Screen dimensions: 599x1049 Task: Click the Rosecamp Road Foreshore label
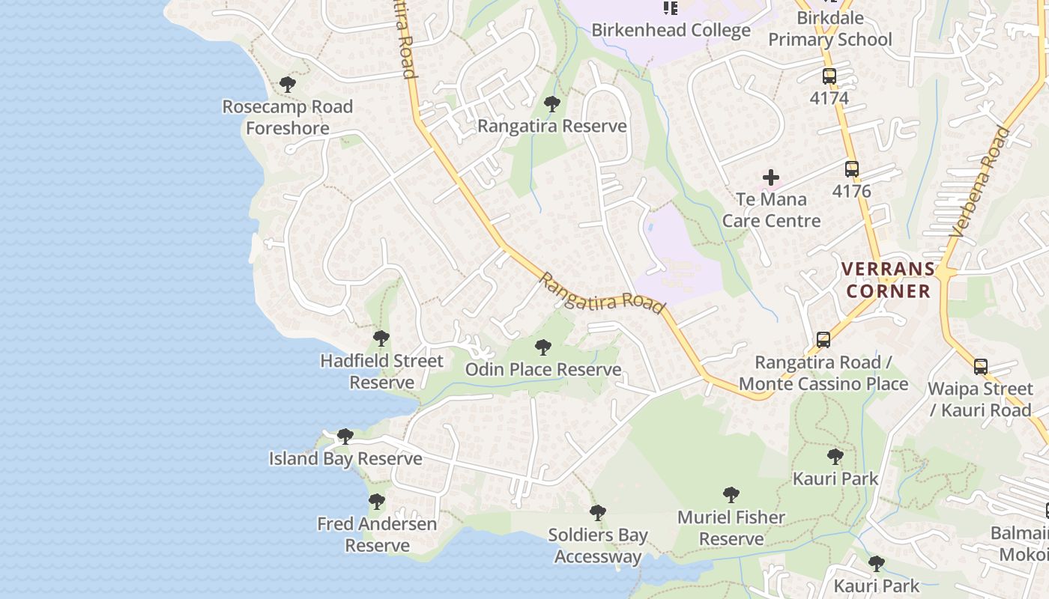288,118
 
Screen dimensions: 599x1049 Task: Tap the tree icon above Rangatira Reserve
552,104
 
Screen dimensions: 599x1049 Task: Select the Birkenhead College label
671,30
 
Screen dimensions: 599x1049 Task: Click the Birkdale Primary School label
830,28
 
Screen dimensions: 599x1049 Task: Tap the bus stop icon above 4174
829,76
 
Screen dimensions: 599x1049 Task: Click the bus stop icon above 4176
851,169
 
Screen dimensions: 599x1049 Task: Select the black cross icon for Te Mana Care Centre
771,177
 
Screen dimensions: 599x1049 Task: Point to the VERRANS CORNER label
889,280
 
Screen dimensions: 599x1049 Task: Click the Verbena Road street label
979,183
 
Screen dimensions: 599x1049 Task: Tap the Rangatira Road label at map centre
602,293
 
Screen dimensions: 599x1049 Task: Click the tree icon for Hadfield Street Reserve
381,338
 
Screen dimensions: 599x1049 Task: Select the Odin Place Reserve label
543,370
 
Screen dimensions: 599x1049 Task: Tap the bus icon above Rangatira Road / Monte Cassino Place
823,340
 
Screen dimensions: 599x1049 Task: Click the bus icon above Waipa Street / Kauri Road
980,367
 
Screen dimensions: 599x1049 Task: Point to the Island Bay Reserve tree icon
345,436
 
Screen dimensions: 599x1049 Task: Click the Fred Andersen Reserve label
377,535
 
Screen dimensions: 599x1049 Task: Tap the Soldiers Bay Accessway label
598,546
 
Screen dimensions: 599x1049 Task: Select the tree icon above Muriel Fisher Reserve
731,495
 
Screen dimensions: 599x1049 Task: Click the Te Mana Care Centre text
771,210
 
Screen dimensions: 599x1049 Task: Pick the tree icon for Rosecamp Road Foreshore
288,85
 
